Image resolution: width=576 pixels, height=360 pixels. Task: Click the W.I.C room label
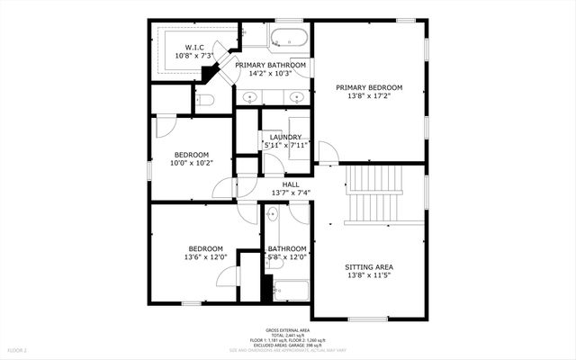point(193,47)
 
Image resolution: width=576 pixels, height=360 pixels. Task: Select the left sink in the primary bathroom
point(252,97)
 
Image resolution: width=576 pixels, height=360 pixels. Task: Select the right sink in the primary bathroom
point(296,97)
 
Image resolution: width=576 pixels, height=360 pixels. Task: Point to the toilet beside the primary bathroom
point(204,100)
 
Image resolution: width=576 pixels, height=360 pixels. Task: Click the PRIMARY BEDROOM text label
point(369,88)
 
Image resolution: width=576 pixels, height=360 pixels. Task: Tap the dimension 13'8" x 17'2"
point(369,97)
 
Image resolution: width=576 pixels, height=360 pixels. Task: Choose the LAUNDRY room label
point(285,137)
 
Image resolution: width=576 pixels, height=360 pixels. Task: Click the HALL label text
point(291,184)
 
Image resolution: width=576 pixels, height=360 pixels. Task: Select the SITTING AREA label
point(369,267)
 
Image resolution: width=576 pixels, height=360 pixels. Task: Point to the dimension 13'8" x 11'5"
point(369,276)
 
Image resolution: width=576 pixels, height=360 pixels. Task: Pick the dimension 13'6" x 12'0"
point(206,257)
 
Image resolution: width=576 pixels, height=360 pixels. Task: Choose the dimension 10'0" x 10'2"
point(191,163)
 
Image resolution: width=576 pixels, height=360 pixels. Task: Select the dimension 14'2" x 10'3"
point(271,74)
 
